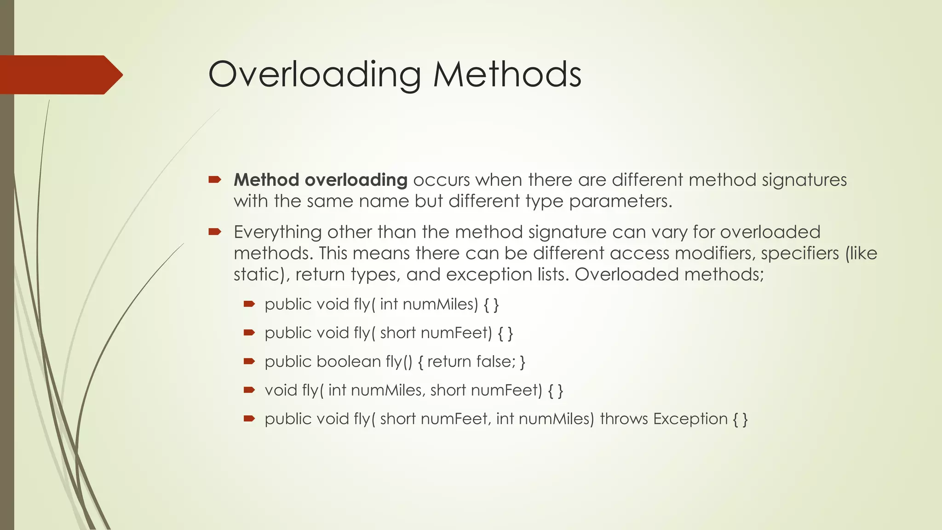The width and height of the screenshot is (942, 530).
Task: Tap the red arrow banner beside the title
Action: click(60, 75)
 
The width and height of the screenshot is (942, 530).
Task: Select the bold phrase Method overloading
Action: click(320, 180)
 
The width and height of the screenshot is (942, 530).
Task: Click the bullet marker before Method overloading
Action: click(214, 179)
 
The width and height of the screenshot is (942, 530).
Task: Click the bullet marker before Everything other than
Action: click(214, 232)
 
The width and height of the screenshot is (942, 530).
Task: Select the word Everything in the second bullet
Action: click(277, 232)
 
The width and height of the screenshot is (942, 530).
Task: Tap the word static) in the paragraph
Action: click(261, 275)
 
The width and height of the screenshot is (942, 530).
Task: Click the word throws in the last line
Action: click(624, 419)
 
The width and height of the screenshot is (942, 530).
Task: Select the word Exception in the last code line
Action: click(690, 419)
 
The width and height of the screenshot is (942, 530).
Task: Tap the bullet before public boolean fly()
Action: click(249, 361)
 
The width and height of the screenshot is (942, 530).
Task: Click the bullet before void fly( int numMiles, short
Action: click(249, 390)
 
